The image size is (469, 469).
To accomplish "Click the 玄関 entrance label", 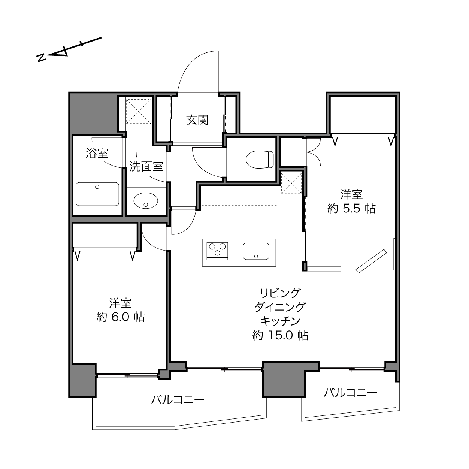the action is point(197,120).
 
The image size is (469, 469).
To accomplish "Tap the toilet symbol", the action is point(260,160).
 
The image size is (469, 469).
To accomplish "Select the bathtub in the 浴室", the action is point(97,194).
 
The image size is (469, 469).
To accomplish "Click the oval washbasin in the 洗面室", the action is point(146,201).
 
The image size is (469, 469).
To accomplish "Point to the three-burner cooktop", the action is point(217,251).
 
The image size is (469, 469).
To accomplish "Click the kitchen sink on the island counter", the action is point(256,251).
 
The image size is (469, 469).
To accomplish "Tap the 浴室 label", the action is point(97,153).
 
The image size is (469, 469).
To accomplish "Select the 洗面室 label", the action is point(146,166).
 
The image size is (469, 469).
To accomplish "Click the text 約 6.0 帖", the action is point(121,317).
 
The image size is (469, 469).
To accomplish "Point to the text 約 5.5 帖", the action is point(351,209).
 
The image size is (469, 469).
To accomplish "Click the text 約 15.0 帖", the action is point(280,335).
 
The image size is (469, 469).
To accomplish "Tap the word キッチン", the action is point(280,321).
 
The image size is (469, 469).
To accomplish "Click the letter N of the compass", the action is point(41,58).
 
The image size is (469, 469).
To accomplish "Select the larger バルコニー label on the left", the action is point(178,400).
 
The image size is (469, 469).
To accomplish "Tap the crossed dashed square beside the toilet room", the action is point(291,182).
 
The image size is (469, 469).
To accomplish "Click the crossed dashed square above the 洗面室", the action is point(139,112).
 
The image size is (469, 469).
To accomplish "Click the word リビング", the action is point(280,293).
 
